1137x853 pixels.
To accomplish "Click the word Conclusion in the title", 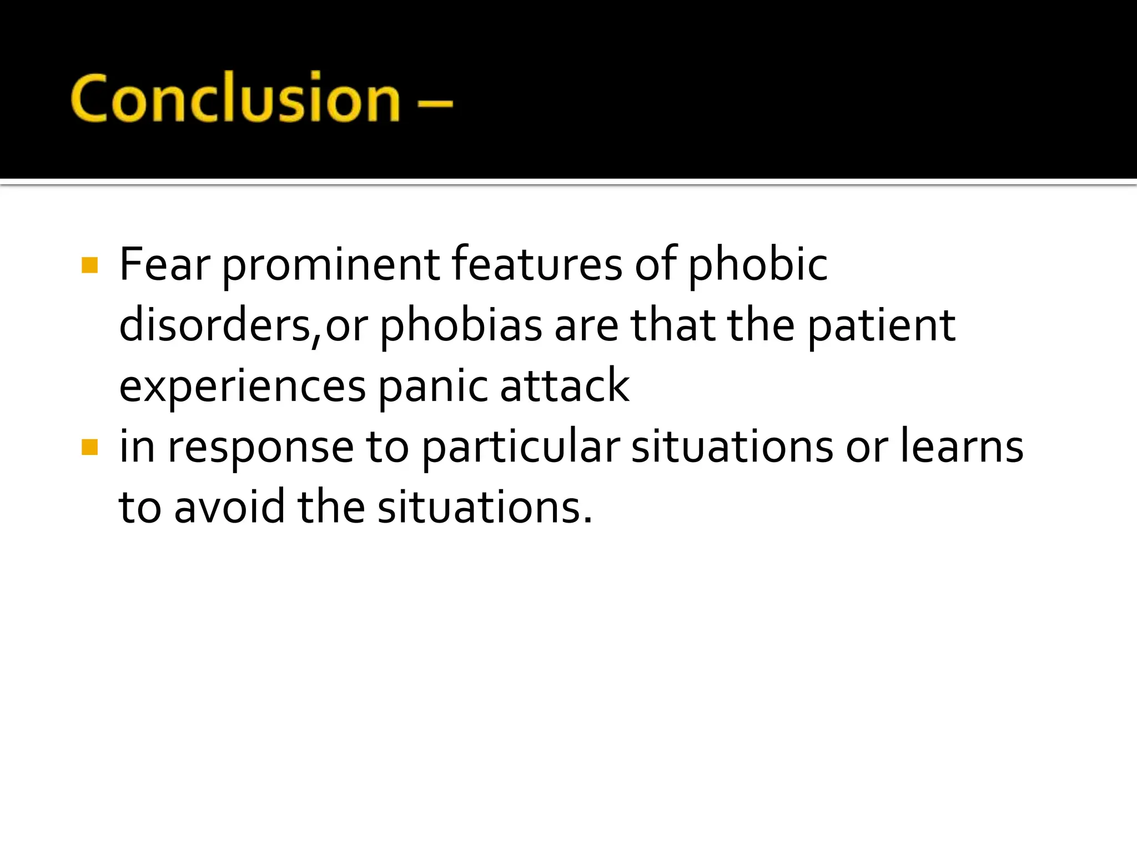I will [x=235, y=99].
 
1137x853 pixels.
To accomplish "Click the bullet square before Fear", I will [x=89, y=265].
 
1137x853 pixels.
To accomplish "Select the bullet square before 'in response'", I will [x=89, y=447].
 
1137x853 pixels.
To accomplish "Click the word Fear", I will [x=164, y=265].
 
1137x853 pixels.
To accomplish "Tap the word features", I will [x=537, y=265].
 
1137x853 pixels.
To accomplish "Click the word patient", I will [x=881, y=327].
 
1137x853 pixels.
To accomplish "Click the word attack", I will [x=565, y=386].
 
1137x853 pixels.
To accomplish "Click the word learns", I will [x=962, y=447].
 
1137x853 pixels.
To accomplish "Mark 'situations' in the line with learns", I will [x=732, y=447].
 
